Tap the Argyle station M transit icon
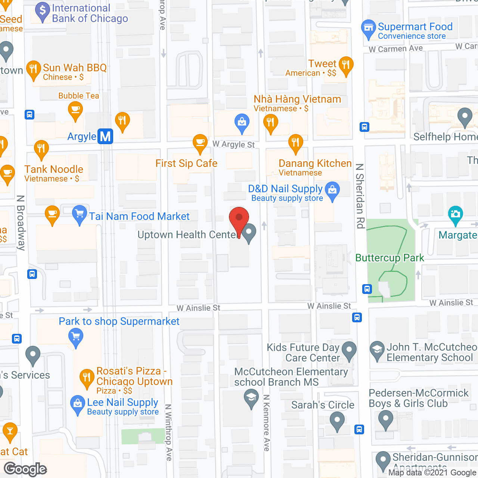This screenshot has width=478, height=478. pos(105,136)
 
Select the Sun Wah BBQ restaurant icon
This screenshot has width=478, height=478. pos(33,69)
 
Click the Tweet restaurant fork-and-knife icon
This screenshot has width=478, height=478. pos(346,65)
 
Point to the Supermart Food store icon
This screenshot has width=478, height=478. pos(369,28)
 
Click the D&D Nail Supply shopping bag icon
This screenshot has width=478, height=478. pos(332,190)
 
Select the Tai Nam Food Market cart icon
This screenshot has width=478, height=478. pos(79,214)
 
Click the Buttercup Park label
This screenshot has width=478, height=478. pos(389,258)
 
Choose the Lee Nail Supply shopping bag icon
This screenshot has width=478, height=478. pos(77,404)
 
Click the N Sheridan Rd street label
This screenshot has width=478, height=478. pos(360,196)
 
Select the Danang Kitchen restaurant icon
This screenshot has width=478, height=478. pos(295,143)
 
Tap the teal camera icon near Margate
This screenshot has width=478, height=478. pos(455,214)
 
